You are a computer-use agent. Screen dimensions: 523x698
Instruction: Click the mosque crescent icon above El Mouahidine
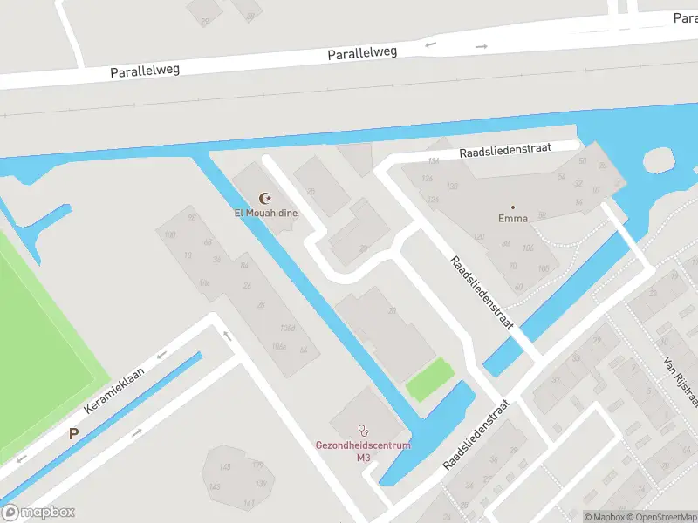(266, 199)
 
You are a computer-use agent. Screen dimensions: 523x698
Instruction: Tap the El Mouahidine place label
(266, 212)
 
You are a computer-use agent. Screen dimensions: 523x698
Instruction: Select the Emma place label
(513, 218)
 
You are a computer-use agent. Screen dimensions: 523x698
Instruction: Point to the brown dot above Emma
(513, 207)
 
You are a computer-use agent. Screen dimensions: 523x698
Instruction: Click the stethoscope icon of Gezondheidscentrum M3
(363, 431)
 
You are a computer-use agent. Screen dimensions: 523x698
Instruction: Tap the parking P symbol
(74, 431)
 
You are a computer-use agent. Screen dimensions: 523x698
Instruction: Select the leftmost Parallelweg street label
(145, 71)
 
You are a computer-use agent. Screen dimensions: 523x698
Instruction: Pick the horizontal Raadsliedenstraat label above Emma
(506, 151)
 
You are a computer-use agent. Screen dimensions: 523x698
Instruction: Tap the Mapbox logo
(38, 513)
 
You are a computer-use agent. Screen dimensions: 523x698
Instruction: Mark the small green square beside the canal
(430, 380)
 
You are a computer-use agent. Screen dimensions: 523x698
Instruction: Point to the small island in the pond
(659, 160)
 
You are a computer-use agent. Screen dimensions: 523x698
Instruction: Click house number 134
(434, 161)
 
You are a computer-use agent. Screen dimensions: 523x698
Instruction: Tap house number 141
(249, 503)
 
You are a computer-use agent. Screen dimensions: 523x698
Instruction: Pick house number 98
(192, 218)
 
